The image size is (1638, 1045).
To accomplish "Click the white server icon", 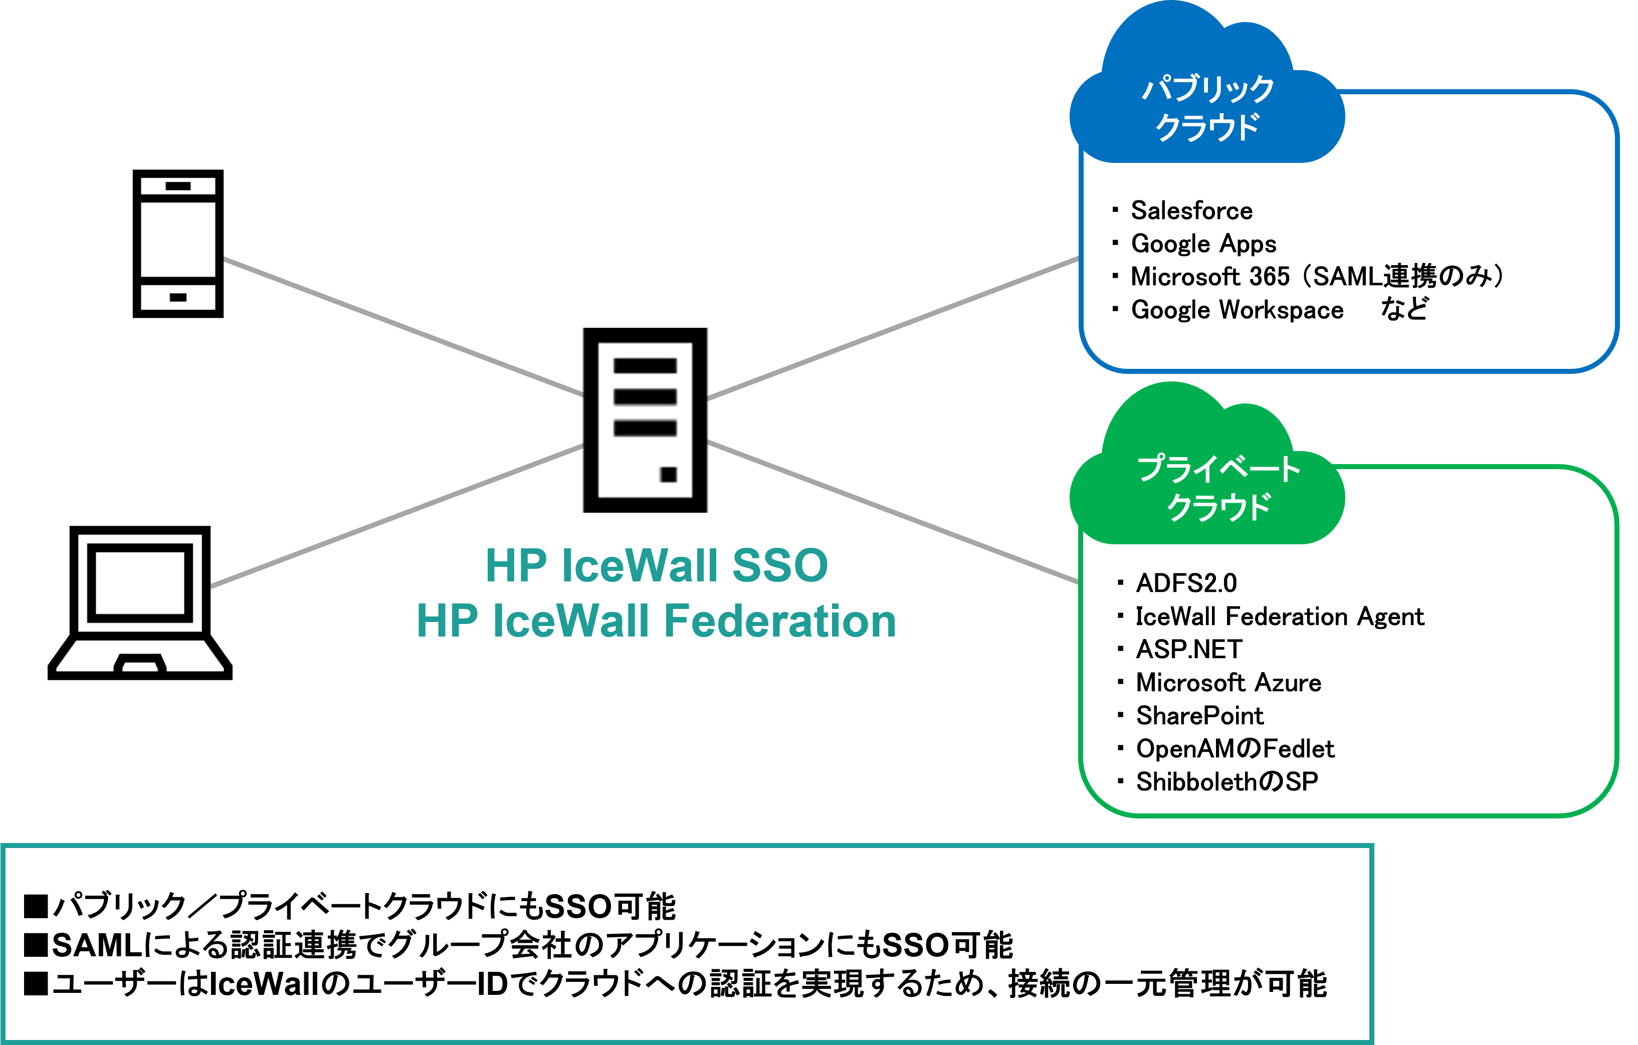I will coord(645,420).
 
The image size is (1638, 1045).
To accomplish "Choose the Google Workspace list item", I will coord(1237,310).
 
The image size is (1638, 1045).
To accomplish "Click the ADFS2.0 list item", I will coord(1186,583).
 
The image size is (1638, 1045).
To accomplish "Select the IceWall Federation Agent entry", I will coord(1279,616).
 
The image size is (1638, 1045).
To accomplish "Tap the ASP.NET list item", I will coord(1189,649).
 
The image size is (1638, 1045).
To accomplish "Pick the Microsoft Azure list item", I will coord(1228,682).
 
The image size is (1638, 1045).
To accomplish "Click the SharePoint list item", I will coord(1199,716).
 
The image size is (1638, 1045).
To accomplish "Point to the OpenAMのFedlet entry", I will coord(1235,748).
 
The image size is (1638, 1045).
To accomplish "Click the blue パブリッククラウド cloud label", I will coord(1207,107).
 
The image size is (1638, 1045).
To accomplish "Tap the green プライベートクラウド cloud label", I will coord(1217,488).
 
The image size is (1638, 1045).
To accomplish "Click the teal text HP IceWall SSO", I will coord(657,565).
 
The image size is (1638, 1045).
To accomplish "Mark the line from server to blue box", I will coord(893,328).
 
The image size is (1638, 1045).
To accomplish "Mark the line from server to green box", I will coord(893,512).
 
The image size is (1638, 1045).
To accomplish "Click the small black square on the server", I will coord(668,474).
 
